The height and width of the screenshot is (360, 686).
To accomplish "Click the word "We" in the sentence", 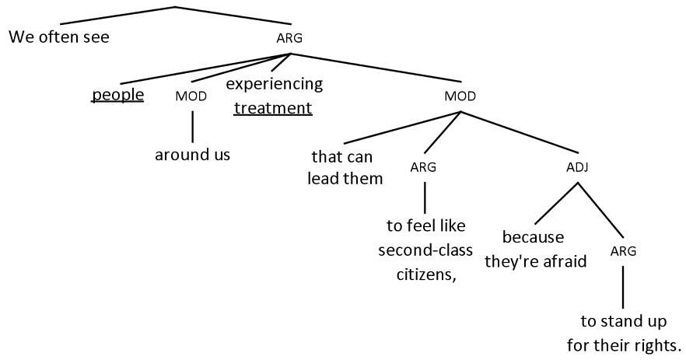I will [x=20, y=37].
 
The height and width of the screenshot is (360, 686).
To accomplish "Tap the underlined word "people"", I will [x=118, y=95].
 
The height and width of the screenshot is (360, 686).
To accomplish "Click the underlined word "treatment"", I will [x=273, y=108].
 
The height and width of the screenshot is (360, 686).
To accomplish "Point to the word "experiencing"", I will [x=274, y=83].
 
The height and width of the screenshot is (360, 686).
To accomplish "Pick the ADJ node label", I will [x=578, y=167].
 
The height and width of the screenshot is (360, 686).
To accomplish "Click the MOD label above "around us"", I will [x=191, y=96].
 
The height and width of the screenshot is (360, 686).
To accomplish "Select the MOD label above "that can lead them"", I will [x=460, y=96].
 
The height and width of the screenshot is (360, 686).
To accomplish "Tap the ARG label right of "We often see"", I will [x=289, y=37].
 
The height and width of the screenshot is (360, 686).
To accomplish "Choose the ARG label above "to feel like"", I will [x=423, y=167].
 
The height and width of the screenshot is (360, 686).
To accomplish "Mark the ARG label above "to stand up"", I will [x=623, y=250].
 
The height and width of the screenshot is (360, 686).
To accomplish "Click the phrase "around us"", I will [x=192, y=154].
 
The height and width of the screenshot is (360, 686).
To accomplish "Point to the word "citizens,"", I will [x=425, y=274].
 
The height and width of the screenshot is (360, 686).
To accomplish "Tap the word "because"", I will [x=533, y=236].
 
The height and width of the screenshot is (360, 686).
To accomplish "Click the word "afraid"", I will [x=565, y=261].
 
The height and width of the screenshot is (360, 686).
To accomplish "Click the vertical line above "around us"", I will [x=192, y=125].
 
